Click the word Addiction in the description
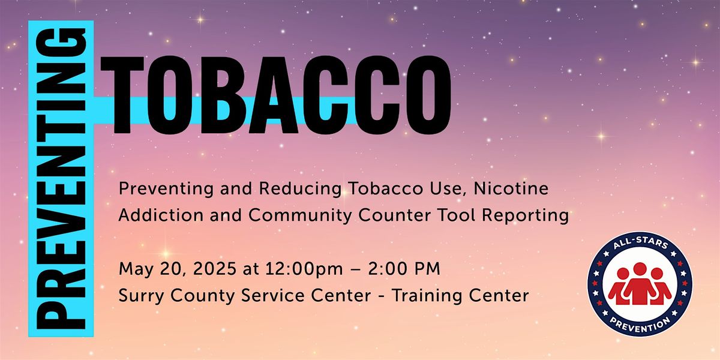pos(147,215)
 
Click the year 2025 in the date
pos(195,269)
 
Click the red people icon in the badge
pos(640,283)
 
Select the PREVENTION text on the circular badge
pos(640,323)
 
